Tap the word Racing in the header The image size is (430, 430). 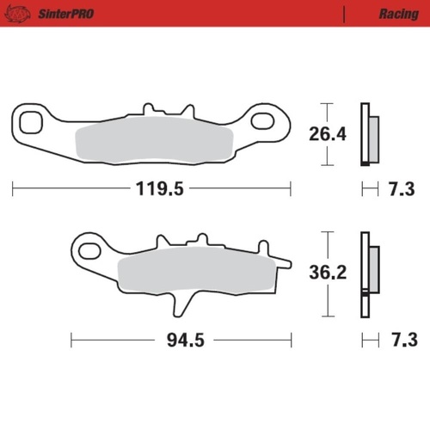[x=397, y=14]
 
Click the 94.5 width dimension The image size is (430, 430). [x=185, y=341]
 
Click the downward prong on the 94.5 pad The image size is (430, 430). [x=182, y=304]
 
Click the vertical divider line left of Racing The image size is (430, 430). [x=343, y=14]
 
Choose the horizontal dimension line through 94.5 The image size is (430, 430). [x=112, y=341]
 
